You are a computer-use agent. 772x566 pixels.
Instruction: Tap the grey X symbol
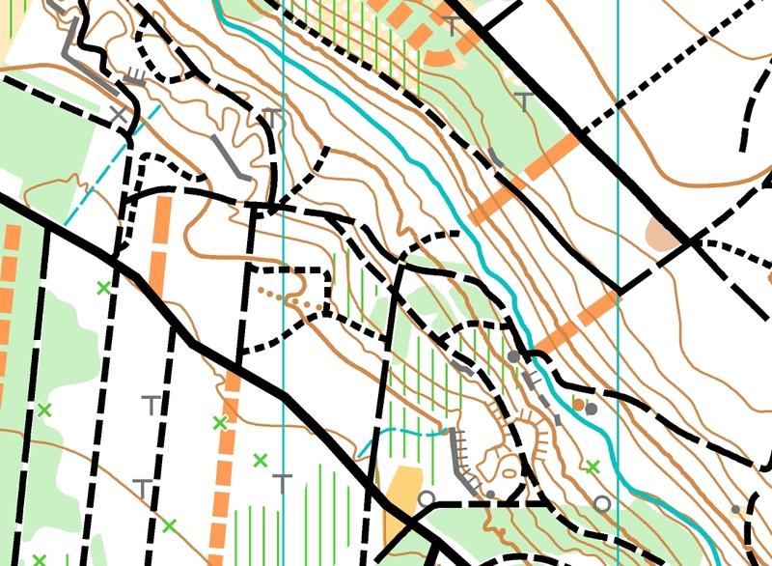118,116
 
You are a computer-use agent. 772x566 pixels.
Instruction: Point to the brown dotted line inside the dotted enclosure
289,293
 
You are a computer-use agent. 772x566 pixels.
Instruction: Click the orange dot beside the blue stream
579,406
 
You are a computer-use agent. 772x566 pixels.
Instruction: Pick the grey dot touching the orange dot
591,410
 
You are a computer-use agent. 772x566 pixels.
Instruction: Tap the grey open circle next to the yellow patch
426,498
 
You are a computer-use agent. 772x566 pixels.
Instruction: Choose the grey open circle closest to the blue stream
602,503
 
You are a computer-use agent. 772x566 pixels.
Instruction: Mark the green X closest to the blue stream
593,467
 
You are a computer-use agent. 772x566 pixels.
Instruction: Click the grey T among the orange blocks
452,26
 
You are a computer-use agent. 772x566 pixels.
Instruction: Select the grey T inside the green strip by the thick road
524,99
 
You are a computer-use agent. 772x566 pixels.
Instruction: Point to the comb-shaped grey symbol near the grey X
137,74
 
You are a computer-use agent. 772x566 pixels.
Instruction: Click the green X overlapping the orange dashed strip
221,422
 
